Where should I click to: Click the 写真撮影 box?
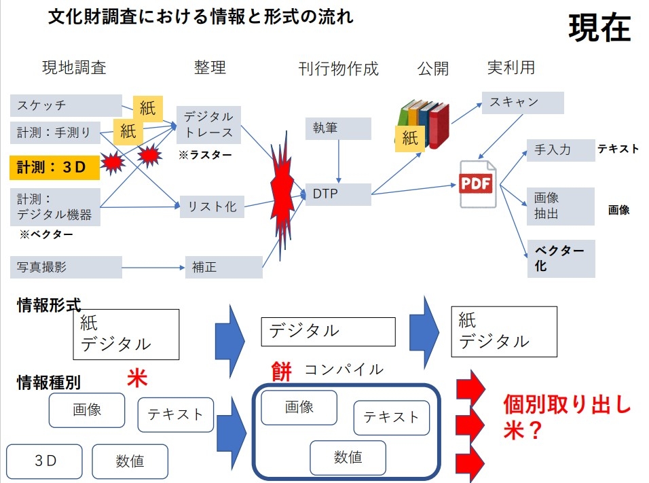pyautogui.click(x=66, y=267)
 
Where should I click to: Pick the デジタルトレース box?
pyautogui.click(x=208, y=124)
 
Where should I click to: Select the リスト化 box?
pyautogui.click(x=212, y=207)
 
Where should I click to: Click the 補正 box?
pyautogui.click(x=223, y=267)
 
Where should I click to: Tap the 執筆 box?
pyautogui.click(x=338, y=128)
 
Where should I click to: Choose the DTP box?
pyautogui.click(x=338, y=194)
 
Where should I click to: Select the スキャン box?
pyautogui.click(x=523, y=103)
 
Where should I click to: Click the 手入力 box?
pyautogui.click(x=560, y=150)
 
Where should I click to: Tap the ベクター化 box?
pyautogui.click(x=560, y=258)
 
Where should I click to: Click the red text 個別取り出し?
pyautogui.click(x=567, y=405)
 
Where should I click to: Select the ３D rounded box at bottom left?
pyautogui.click(x=45, y=461)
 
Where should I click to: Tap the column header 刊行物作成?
pyautogui.click(x=338, y=69)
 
